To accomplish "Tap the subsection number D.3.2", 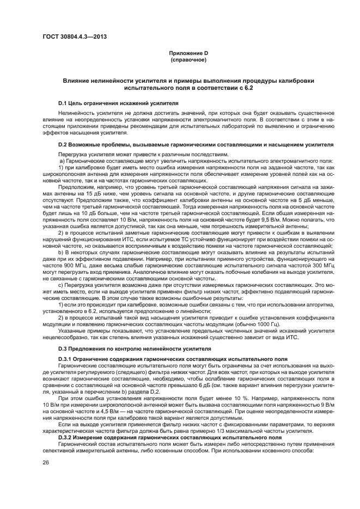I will click(67, 437).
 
